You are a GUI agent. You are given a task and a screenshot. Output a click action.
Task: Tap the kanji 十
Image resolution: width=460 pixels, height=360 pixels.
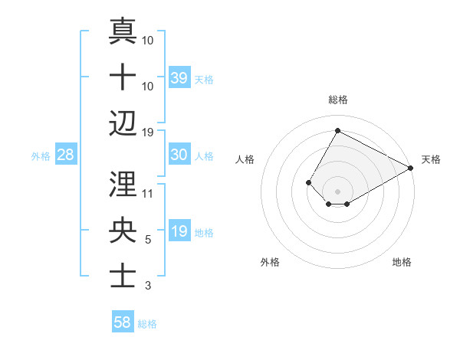pos(123,77)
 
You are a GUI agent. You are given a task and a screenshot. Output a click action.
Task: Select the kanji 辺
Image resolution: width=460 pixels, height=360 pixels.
pos(123,123)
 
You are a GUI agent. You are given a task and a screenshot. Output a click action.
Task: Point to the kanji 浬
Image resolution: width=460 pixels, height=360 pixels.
pos(123,184)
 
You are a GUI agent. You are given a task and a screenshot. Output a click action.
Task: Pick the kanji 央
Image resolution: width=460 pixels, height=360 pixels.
pos(123,230)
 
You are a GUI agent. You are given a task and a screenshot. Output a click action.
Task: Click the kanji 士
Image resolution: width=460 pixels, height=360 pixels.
pos(123,276)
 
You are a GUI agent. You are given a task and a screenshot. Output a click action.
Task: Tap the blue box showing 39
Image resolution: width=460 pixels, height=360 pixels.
pos(179,77)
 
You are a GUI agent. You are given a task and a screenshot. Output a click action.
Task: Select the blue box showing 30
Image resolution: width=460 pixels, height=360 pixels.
pos(179,155)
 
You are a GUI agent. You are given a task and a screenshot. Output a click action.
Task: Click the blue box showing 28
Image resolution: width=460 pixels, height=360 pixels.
pos(66,155)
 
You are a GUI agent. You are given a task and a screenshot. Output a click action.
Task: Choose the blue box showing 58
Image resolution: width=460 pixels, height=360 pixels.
pos(123,322)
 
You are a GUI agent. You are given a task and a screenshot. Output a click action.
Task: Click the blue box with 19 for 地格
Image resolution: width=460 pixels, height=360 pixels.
pos(179,231)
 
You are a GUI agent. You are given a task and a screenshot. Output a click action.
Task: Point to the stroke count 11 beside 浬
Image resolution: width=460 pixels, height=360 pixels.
pos(147,194)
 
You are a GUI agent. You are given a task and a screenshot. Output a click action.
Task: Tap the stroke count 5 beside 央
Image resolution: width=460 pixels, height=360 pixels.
pos(147,240)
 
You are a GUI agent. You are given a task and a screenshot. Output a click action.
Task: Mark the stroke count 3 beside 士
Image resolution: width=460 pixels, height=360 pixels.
pos(147,286)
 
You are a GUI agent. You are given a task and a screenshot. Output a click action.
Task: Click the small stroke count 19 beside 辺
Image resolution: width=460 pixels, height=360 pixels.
pos(147,132)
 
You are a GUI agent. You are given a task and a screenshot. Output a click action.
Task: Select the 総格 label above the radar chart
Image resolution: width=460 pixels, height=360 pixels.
pos(337,100)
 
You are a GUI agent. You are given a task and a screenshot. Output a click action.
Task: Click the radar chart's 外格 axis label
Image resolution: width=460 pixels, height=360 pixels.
pos(270,262)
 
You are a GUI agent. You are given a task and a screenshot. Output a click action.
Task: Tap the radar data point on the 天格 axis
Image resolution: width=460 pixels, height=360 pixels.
pos(411,169)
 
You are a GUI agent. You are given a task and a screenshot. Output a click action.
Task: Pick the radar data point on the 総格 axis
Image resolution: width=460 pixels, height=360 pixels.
pos(337,130)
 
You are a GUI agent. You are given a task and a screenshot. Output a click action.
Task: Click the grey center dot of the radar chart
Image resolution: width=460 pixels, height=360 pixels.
pos(337,190)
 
